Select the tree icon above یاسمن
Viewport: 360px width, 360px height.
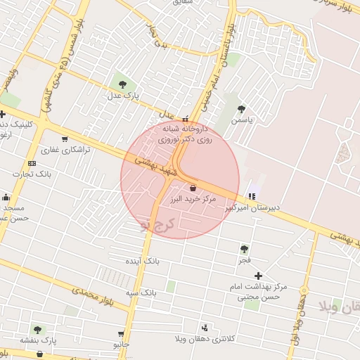pyautogui.click(x=242, y=109)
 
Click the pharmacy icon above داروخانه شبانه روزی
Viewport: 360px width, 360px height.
pyautogui.click(x=186, y=119)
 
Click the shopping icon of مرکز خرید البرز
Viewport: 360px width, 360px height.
pyautogui.click(x=193, y=188)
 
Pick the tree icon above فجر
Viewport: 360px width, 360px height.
pyautogui.click(x=244, y=249)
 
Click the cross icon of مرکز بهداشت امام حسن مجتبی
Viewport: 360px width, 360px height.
pyautogui.click(x=259, y=276)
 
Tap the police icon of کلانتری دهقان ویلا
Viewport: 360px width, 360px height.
pyautogui.click(x=205, y=327)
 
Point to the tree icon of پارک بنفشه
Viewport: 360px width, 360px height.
pyautogui.click(x=37, y=329)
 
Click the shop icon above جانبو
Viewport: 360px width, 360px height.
pyautogui.click(x=121, y=334)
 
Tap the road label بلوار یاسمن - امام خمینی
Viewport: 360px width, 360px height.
pyautogui.click(x=220, y=67)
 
